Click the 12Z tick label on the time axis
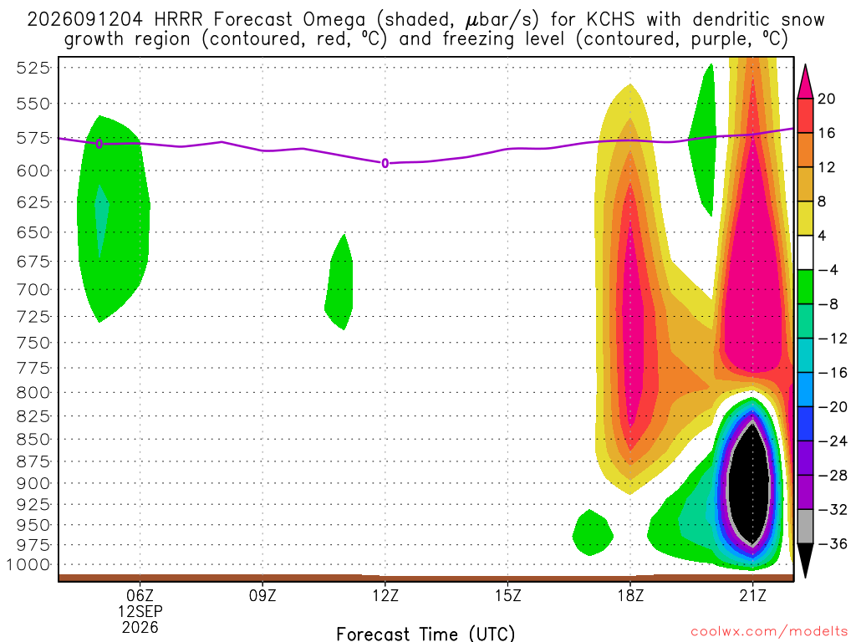point(385,595)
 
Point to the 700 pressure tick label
point(33,289)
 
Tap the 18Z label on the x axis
point(630,595)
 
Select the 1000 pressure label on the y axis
point(28,564)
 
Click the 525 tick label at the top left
point(33,68)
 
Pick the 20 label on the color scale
point(827,99)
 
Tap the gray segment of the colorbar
point(805,527)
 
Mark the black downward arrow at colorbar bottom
point(805,559)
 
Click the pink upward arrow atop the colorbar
point(805,82)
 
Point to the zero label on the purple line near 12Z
point(385,163)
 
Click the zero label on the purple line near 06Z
point(99,144)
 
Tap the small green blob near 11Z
point(339,283)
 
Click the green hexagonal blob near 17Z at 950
point(593,532)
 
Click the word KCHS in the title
point(610,20)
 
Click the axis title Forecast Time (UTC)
point(425,634)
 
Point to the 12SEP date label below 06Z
point(140,611)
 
